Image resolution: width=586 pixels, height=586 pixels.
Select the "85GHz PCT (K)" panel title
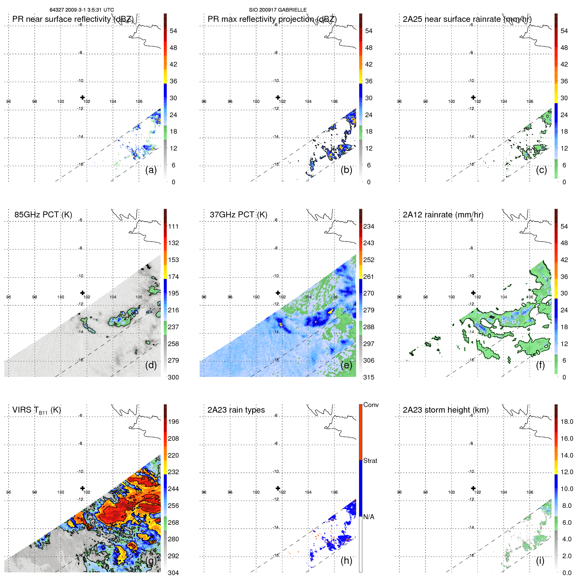pyautogui.click(x=43, y=215)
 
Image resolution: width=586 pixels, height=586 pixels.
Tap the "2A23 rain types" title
pyautogui.click(x=236, y=410)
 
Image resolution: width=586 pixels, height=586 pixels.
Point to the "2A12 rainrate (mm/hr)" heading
pyautogui.click(x=443, y=215)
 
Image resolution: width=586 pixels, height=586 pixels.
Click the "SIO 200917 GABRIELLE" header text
pyautogui.click(x=278, y=10)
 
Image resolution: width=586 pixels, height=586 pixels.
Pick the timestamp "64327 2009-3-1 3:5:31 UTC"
pyautogui.click(x=82, y=10)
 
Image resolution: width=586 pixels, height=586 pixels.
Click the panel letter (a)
pyautogui.click(x=151, y=170)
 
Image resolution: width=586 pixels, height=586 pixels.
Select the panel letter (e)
pyautogui.click(x=346, y=365)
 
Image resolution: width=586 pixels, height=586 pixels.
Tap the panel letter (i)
pyautogui.click(x=540, y=561)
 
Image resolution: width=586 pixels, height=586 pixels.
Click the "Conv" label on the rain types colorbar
pyautogui.click(x=371, y=405)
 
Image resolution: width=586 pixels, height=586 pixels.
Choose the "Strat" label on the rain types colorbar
pyautogui.click(x=370, y=461)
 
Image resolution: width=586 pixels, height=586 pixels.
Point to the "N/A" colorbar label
pyautogui.click(x=369, y=517)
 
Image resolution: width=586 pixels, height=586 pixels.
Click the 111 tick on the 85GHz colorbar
pyautogui.click(x=173, y=227)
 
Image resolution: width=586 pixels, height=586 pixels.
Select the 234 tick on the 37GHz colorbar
pyautogui.click(x=369, y=227)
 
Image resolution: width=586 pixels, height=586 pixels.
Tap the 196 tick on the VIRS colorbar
pyautogui.click(x=173, y=422)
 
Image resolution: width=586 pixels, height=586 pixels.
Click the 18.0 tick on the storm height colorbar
pyautogui.click(x=566, y=422)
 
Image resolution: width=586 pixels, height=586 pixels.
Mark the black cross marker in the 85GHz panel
pyautogui.click(x=82, y=293)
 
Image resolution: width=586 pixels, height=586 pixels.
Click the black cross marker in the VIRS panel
pyautogui.click(x=82, y=488)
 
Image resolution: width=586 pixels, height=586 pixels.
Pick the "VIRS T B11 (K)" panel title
pyautogui.click(x=36, y=410)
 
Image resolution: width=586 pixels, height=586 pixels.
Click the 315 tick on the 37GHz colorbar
pyautogui.click(x=369, y=378)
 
